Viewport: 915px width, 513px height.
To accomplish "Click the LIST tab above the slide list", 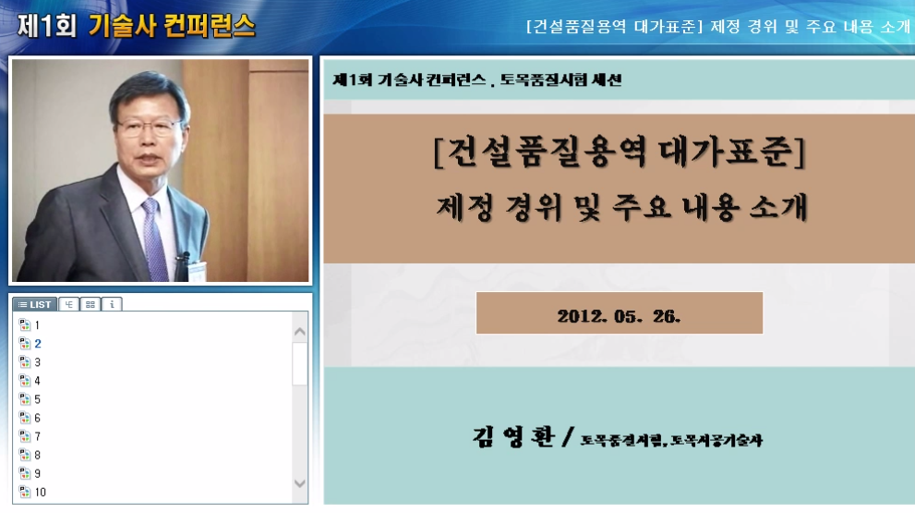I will click(x=34, y=304).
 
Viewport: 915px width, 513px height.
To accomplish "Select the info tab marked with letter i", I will click(x=112, y=304).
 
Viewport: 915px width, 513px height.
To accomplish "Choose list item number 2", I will click(x=38, y=344).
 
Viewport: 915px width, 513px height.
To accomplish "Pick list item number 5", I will click(x=38, y=399).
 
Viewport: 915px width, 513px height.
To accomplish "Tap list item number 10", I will click(x=41, y=492).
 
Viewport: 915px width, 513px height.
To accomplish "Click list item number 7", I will click(x=38, y=436).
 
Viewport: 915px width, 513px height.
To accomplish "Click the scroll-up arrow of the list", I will click(x=300, y=330).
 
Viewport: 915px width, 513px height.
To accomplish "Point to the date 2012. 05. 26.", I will click(x=619, y=314).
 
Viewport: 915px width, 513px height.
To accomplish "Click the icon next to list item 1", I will click(x=25, y=325).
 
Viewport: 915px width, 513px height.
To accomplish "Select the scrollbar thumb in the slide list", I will click(x=300, y=363).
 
